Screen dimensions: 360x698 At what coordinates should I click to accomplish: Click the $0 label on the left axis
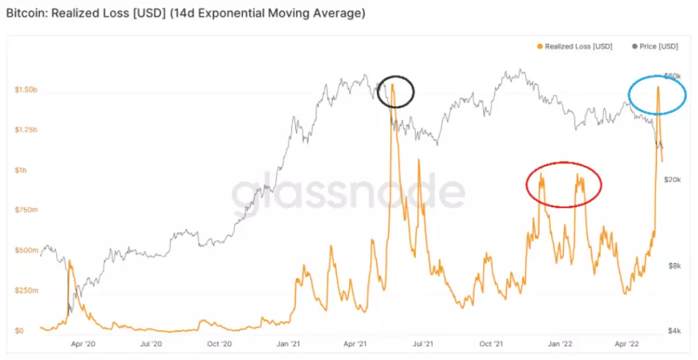point(20,331)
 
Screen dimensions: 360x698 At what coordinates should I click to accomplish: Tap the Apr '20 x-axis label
point(83,344)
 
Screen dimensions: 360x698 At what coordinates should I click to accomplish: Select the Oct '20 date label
point(219,344)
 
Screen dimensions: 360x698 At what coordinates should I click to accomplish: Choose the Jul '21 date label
point(423,344)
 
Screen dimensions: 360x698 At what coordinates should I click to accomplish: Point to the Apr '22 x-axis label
point(628,344)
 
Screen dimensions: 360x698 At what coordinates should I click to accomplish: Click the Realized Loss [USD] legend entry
point(578,47)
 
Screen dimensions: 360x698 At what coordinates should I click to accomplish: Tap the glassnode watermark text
point(348,193)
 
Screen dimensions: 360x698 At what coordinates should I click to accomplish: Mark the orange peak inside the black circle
point(392,84)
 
